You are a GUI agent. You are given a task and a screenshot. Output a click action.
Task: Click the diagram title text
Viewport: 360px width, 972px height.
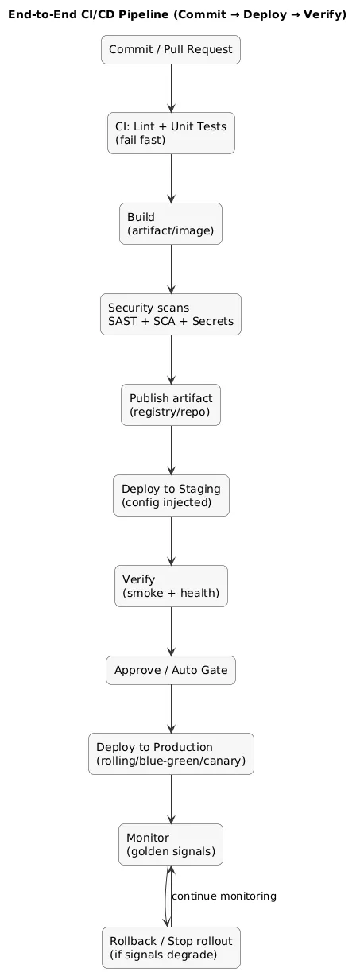click(177, 14)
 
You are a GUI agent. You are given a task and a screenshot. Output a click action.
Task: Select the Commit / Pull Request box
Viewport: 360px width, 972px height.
click(171, 50)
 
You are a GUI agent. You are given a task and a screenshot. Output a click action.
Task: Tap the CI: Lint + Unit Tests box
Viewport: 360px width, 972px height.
click(171, 133)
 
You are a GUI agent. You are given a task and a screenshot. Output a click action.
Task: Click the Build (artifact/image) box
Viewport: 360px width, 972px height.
click(171, 223)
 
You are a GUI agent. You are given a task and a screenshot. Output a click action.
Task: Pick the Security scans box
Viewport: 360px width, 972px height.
click(171, 314)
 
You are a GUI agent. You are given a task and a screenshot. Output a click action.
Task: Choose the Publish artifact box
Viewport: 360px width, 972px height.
click(171, 405)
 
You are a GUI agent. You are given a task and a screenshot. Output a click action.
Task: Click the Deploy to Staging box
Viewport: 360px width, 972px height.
click(171, 495)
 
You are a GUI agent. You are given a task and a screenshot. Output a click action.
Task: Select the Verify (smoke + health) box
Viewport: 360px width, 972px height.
click(171, 586)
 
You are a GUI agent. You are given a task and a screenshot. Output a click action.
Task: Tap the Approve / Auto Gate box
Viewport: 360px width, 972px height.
click(171, 672)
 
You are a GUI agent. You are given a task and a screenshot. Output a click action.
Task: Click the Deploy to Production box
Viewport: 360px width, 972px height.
click(171, 754)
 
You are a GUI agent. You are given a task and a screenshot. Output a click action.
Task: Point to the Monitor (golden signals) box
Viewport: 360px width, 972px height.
click(171, 845)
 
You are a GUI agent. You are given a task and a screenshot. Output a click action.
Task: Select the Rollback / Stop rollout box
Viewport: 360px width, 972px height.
click(171, 947)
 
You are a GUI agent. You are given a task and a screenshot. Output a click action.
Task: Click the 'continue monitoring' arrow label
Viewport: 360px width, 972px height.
click(224, 896)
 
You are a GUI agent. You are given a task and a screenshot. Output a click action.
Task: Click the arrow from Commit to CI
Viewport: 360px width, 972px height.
click(171, 88)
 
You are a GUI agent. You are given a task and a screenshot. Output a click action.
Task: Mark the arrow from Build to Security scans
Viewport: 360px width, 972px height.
click(171, 269)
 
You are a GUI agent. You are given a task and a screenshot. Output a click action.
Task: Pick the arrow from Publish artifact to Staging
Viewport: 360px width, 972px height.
click(171, 450)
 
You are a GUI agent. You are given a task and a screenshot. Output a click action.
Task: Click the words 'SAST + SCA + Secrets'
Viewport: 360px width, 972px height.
click(171, 322)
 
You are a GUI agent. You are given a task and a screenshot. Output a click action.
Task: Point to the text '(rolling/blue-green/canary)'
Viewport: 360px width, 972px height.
click(171, 762)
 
